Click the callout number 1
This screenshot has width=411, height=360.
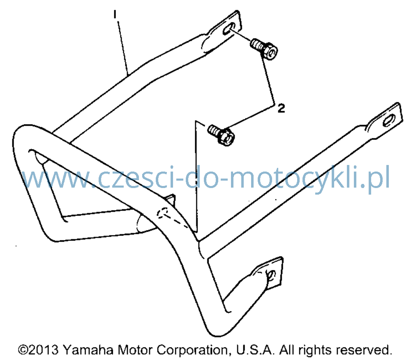point(115,14)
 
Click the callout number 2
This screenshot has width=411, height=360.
point(281,108)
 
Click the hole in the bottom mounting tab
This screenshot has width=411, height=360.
point(271,275)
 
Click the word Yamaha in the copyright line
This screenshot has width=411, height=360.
point(88,350)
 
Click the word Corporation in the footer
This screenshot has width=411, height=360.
point(193,350)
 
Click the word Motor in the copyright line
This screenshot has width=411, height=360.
point(135,350)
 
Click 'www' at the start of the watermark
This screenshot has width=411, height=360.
point(58,179)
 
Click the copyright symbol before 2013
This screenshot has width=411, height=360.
point(23,350)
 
